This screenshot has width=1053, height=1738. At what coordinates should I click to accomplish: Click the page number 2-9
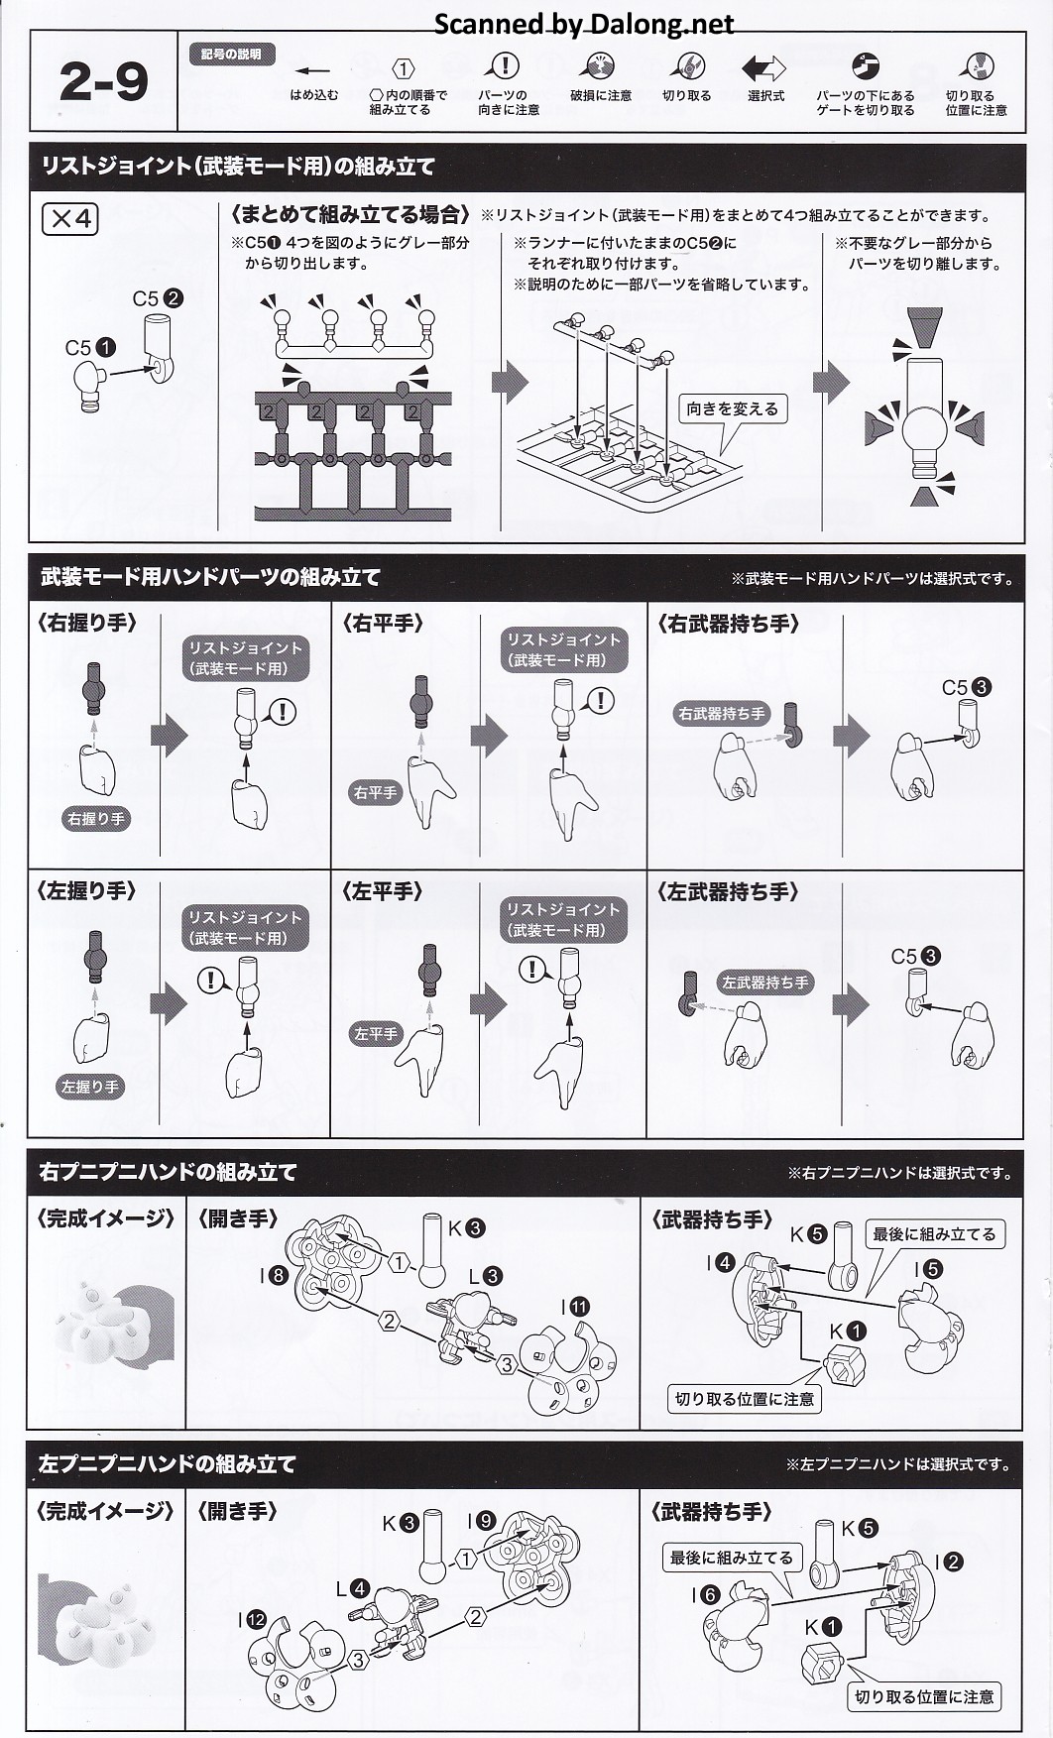[103, 81]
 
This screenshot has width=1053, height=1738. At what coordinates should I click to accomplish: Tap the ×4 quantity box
[69, 218]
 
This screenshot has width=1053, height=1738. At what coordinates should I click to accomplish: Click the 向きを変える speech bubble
[733, 409]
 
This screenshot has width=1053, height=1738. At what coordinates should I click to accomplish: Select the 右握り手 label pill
[96, 819]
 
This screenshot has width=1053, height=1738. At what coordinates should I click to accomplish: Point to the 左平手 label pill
[375, 1034]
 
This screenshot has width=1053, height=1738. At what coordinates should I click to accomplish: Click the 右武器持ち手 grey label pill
[722, 714]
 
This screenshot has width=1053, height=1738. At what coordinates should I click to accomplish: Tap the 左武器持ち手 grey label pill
[764, 983]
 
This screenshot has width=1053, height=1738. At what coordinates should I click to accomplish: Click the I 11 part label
[574, 1308]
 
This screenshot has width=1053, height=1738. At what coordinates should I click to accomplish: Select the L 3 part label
[486, 1277]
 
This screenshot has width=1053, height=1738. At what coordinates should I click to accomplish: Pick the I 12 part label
[252, 1620]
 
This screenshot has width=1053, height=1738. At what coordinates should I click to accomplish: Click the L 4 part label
[352, 1588]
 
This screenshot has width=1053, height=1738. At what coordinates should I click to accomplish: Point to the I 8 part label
[274, 1276]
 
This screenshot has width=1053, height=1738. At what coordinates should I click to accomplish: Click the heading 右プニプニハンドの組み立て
[168, 1172]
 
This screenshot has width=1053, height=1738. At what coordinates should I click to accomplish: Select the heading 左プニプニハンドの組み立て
[168, 1463]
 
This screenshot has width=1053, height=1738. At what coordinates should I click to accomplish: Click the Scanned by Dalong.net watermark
[584, 24]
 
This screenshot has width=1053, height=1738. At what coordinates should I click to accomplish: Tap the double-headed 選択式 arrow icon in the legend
[763, 68]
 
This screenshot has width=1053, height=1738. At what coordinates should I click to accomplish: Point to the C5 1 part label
[90, 348]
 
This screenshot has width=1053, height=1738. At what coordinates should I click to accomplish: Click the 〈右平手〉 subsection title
[382, 624]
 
